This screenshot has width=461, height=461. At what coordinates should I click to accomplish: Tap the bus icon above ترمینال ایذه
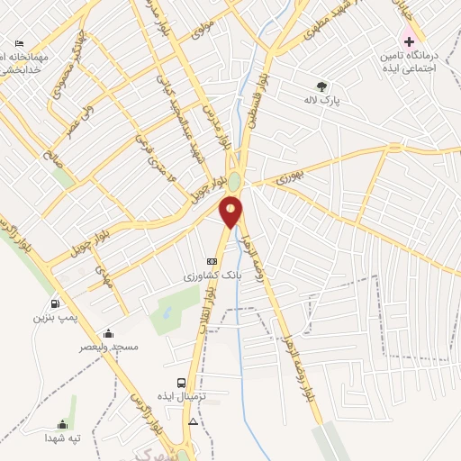(183, 383)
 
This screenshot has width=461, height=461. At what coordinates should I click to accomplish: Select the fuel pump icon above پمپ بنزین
(57, 304)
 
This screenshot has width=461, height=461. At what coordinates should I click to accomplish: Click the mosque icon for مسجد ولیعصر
(109, 333)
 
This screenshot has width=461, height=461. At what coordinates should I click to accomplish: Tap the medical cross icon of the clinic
(409, 41)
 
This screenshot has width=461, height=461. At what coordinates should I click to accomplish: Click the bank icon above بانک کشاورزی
(212, 262)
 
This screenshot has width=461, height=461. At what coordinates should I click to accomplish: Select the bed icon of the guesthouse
(20, 42)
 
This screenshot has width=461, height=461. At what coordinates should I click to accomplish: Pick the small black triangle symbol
(192, 421)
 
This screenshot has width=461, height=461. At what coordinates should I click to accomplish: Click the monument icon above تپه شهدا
(63, 425)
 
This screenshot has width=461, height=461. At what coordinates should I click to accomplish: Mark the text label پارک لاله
(322, 102)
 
